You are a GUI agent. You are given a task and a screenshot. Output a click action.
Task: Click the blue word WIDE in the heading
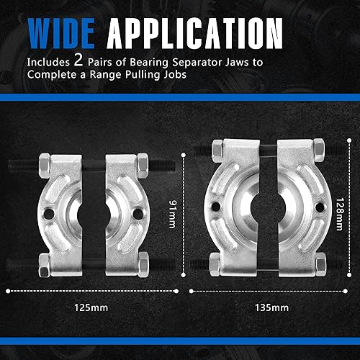coord(61,33)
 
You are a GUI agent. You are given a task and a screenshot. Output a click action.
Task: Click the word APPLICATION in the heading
coord(194,33)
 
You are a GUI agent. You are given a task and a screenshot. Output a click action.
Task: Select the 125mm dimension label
coord(91,307)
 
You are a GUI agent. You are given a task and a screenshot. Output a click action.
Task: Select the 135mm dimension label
coord(271,307)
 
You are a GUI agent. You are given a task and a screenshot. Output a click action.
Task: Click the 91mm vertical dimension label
coord(173,214)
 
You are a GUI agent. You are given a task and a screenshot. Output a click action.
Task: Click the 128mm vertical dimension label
coord(340,214)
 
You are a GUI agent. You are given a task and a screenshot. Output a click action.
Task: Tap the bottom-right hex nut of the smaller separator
coord(143,265)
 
